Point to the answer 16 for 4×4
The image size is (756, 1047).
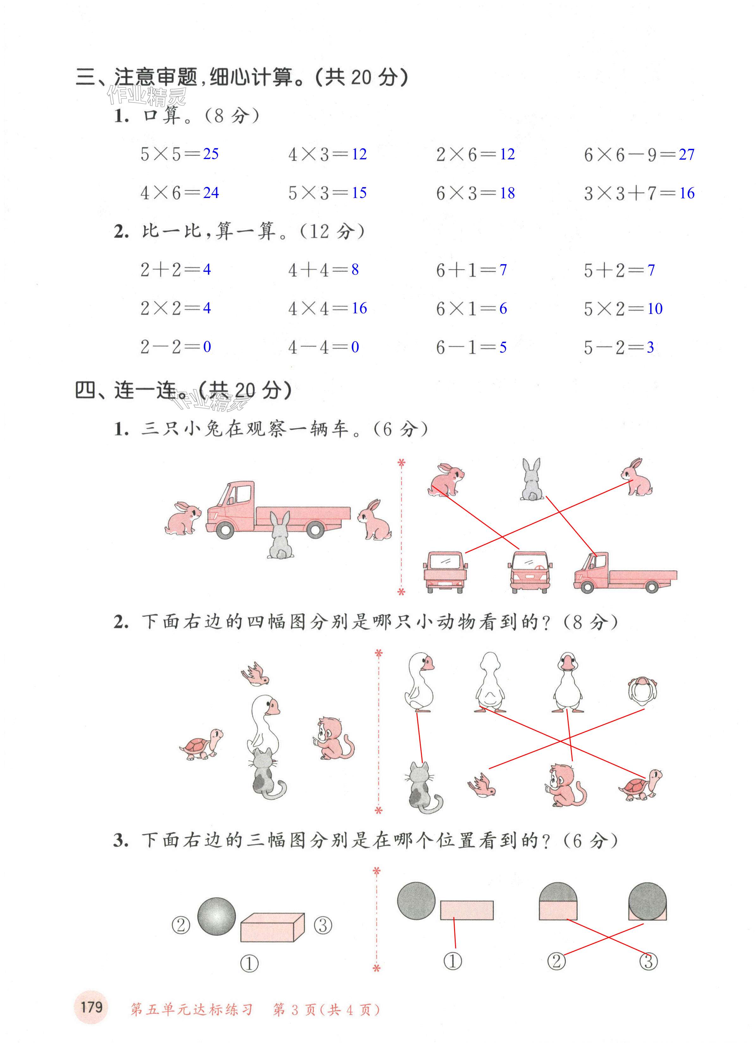(x=359, y=308)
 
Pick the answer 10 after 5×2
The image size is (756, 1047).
(x=654, y=308)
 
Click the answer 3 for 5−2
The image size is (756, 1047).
(x=650, y=347)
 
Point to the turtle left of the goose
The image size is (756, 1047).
(x=202, y=744)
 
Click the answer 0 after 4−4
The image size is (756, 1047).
(x=355, y=347)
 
